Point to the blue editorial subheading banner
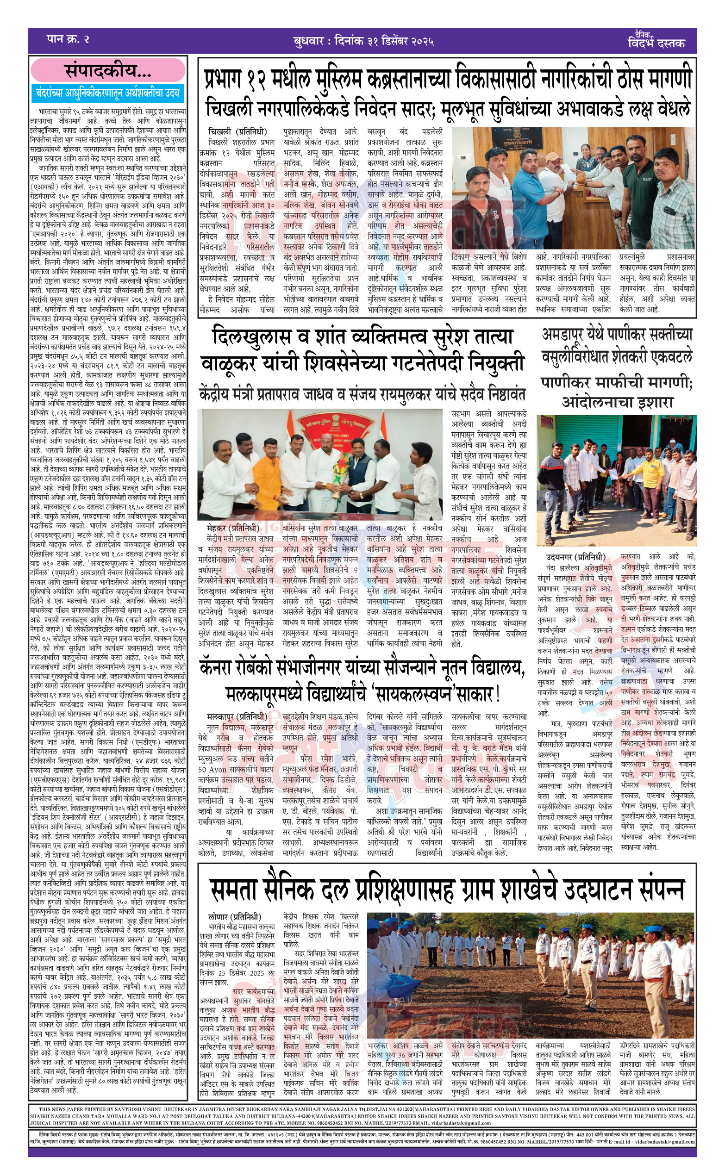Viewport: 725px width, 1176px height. click(x=108, y=93)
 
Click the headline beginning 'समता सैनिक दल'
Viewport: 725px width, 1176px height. click(x=446, y=889)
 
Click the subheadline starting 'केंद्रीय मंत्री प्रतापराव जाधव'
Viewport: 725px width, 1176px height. click(x=362, y=395)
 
